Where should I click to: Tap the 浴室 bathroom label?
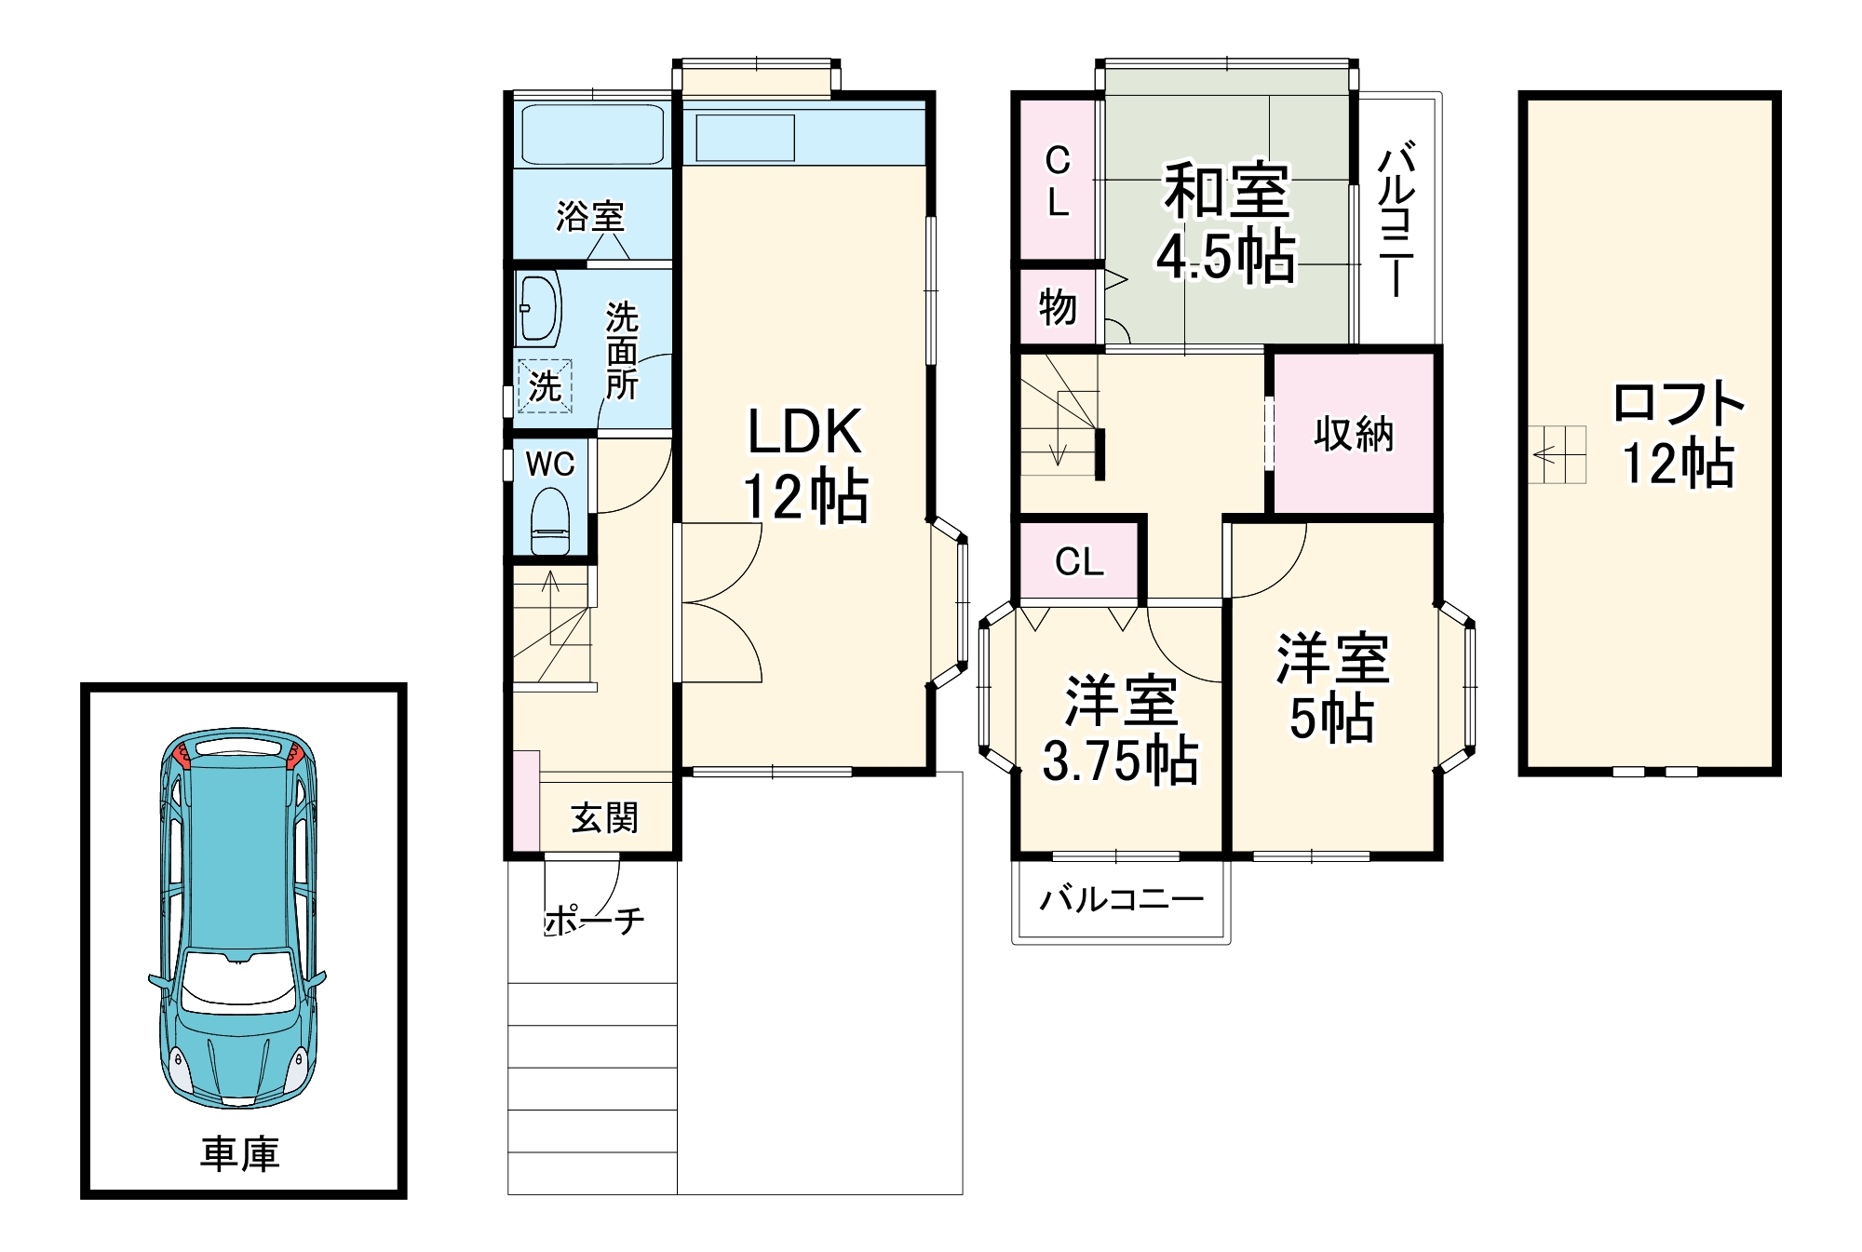click(590, 217)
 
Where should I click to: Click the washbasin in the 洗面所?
click(539, 309)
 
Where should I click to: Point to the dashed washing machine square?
click(545, 385)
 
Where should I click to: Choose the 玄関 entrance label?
click(604, 818)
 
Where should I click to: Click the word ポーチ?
click(594, 921)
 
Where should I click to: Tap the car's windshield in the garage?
click(238, 981)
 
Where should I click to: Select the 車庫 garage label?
click(240, 1154)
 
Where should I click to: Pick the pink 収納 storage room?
click(1354, 433)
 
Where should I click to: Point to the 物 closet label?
click(1058, 307)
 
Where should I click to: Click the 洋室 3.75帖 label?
click(1121, 730)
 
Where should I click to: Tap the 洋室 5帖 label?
click(1332, 688)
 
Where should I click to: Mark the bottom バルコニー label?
click(1122, 899)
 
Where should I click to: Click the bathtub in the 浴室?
click(592, 136)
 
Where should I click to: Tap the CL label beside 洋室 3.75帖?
click(1079, 561)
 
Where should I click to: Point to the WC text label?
click(550, 464)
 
